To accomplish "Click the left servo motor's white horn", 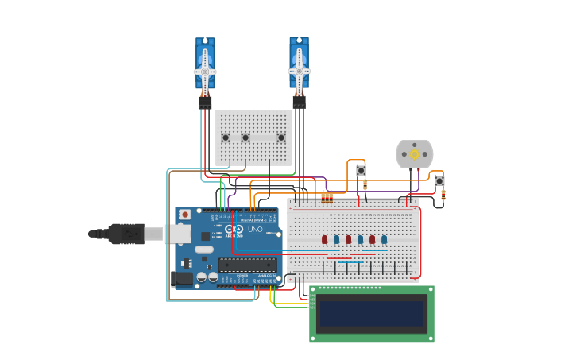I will pos(205,71).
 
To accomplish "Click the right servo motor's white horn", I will pos(299,71).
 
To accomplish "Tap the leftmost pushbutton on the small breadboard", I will pos(226,137).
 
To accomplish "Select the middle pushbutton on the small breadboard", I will pos(245,137).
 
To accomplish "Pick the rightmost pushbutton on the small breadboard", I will pos(281,137).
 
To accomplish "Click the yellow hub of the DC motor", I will pos(414,154).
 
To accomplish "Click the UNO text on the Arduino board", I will pos(255,229).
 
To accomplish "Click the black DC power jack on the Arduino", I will pos(181,278).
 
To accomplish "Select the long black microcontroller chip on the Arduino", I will pos(248,265).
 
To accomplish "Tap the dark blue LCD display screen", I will pos(372,315).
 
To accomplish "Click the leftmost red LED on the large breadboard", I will pos(324,239).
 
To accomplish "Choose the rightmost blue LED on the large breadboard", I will pos(384,239).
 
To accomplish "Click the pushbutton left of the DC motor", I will pos(361,170).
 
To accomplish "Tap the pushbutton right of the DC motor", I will pos(439,181).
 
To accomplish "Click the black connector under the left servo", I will pos(205,102).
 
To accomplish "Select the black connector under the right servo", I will pos(299,102).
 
